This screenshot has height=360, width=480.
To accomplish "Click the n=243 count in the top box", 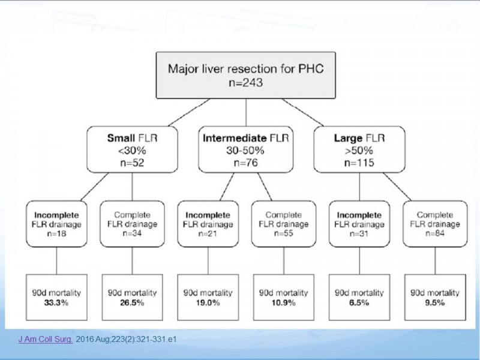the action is click(x=245, y=83).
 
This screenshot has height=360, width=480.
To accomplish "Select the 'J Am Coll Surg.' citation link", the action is click(x=46, y=339).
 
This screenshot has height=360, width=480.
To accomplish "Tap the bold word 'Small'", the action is click(x=121, y=138).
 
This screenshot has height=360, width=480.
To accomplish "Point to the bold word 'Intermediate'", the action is click(x=235, y=138).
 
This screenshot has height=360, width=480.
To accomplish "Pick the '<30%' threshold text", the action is click(x=132, y=151).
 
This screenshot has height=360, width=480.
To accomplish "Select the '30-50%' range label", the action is click(x=245, y=151).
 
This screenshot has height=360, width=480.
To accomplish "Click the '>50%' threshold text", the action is click(x=359, y=151).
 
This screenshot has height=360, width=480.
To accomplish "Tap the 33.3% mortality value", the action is click(x=56, y=303).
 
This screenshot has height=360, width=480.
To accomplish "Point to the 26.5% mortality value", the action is click(x=132, y=303).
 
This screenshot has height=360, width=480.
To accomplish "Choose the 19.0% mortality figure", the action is click(x=208, y=303).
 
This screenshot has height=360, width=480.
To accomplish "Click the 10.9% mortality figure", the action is click(x=283, y=303).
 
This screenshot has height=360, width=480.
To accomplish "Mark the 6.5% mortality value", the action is click(x=359, y=303).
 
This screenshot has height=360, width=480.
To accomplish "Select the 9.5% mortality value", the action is click(x=435, y=303).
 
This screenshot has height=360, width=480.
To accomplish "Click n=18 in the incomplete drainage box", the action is click(x=56, y=233).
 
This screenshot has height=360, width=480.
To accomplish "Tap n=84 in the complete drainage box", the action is click(x=435, y=233).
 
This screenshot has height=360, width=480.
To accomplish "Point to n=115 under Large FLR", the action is click(x=359, y=163).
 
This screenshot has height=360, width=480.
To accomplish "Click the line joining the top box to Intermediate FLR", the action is click(x=246, y=112).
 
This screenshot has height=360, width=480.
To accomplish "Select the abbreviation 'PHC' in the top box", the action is click(x=311, y=68).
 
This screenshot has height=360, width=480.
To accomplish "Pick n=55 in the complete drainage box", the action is click(x=283, y=233).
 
